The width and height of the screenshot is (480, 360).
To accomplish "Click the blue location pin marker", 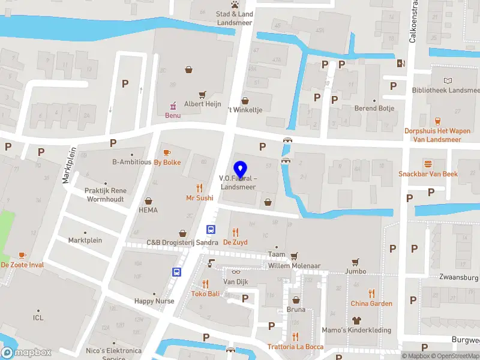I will tap(240, 170).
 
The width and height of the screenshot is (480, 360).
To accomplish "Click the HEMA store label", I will tap(148, 210).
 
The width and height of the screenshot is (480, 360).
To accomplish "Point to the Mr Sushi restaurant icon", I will tap(199, 188).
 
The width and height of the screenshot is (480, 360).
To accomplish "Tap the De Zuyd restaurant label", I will tap(235, 242).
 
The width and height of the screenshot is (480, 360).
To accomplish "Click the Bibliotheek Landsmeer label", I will tap(446, 91).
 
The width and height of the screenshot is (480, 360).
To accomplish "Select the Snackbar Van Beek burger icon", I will tap(428, 164).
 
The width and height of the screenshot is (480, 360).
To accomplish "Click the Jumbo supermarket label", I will tap(355, 271).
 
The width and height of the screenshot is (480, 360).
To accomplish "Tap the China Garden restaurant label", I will tap(371, 304).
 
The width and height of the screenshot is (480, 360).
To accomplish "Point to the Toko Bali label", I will tap(206, 293).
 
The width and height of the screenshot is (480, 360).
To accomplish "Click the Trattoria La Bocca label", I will tap(295, 347).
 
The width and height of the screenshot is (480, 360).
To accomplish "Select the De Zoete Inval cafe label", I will tap(23, 265).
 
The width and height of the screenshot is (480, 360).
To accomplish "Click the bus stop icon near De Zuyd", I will tap(211, 229).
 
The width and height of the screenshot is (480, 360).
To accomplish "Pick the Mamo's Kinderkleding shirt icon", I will tap(356, 320).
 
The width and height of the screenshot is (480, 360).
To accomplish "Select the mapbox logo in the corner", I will tap(26, 353).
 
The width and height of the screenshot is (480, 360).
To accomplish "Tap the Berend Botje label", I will tap(374, 109).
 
